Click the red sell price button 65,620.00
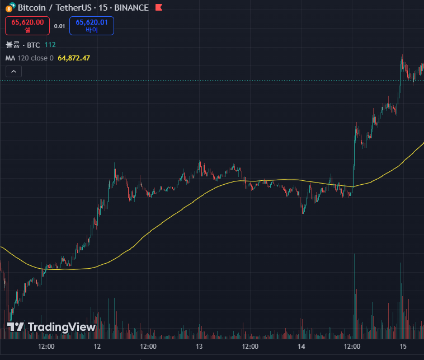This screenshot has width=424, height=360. click(27, 26)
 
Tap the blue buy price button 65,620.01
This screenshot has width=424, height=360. click(92, 26)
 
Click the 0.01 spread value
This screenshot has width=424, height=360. click(59, 26)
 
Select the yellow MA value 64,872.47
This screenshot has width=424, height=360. click(74, 58)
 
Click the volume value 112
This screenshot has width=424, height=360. click(50, 45)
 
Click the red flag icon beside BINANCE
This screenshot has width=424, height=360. click(159, 7)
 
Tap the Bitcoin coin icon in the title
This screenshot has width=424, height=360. click(10, 7)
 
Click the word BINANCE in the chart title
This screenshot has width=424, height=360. click(131, 8)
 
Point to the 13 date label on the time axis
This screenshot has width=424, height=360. click(199, 347)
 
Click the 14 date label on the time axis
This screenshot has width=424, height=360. click(301, 347)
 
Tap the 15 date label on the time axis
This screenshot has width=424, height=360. click(403, 347)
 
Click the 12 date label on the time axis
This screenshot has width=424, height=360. click(97, 347)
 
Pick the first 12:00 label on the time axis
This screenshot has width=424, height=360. click(46, 347)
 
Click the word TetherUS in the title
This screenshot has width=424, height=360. click(73, 8)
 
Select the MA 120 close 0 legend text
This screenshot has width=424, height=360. click(30, 58)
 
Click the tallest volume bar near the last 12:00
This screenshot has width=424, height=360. click(354, 296)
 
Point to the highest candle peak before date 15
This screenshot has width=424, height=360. click(402, 55)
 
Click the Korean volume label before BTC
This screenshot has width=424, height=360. click(13, 45)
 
